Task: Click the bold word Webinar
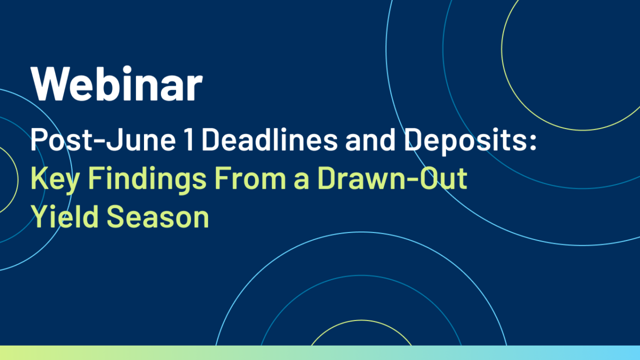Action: (x=117, y=83)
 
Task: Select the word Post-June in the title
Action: (x=103, y=140)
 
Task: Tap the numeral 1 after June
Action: (x=189, y=139)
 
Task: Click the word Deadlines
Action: (x=270, y=139)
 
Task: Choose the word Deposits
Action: (x=466, y=142)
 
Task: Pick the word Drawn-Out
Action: (x=393, y=178)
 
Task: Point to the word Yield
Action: (x=65, y=217)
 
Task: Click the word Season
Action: (x=158, y=217)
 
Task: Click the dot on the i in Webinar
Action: (x=126, y=70)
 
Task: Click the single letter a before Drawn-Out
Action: (x=301, y=181)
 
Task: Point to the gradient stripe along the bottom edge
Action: (x=320, y=353)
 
